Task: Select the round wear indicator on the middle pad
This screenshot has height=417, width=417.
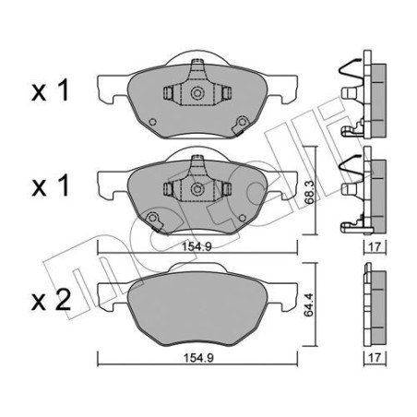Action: click(x=153, y=218)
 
